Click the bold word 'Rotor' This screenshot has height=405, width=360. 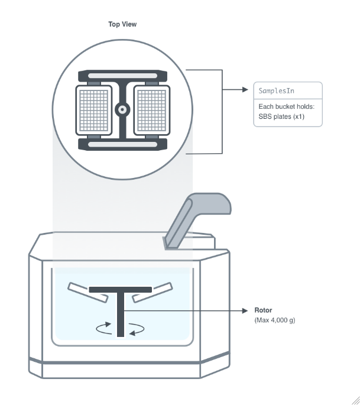264,310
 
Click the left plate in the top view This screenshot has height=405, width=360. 95,109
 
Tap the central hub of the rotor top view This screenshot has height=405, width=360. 122,109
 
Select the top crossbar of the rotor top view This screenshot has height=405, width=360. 122,76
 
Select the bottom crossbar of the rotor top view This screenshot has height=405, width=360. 122,143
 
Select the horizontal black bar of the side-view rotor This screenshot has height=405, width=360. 121,290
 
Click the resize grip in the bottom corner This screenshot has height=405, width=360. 355,400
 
